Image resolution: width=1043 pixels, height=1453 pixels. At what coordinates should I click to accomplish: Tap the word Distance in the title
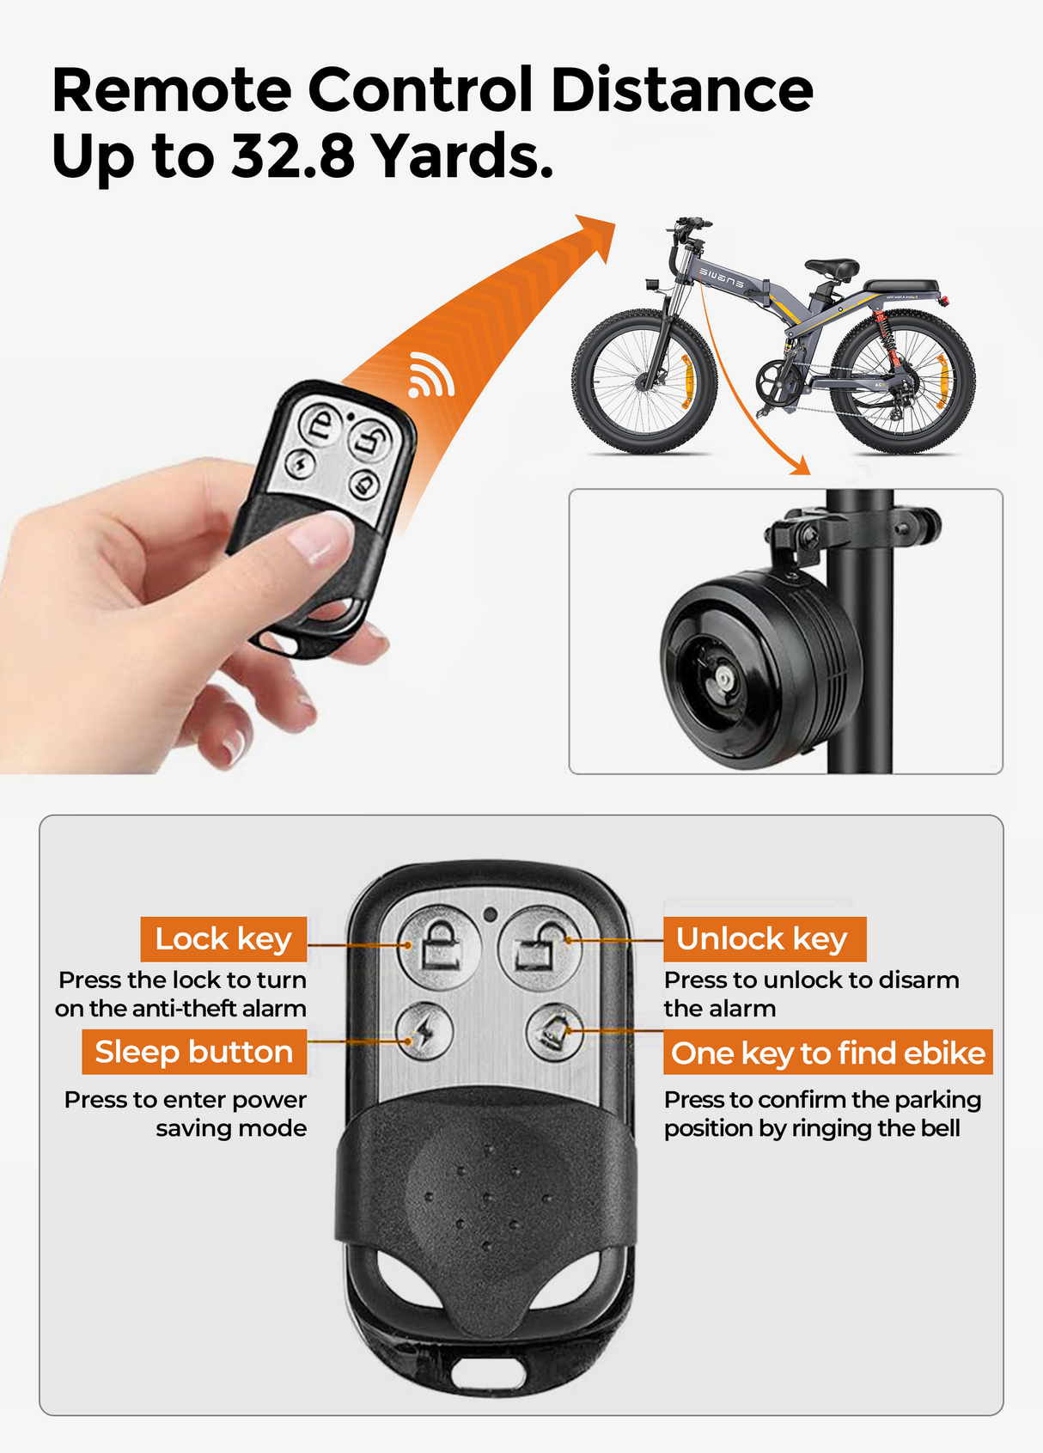(680, 90)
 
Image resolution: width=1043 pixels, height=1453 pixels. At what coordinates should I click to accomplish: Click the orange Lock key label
(223, 939)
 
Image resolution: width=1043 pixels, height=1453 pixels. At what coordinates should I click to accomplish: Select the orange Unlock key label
(763, 939)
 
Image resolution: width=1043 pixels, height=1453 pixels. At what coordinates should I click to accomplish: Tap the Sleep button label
(194, 1052)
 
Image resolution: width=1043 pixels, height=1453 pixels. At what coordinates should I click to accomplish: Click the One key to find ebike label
(827, 1053)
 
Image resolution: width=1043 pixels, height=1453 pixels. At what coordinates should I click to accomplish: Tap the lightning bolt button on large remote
(424, 1030)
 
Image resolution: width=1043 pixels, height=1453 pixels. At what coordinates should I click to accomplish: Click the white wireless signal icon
(431, 375)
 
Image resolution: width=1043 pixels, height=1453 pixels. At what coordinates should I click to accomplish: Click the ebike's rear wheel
(902, 383)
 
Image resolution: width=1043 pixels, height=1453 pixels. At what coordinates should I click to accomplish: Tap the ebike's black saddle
(830, 268)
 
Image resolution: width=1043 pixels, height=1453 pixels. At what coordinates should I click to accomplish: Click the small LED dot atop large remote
(490, 913)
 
